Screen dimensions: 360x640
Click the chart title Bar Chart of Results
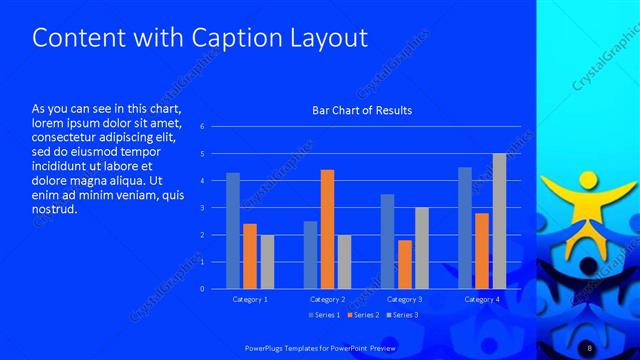click(362, 110)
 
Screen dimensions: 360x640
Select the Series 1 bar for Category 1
click(233, 231)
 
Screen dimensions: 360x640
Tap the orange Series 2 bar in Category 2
click(327, 229)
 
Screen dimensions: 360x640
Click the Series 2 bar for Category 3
click(404, 264)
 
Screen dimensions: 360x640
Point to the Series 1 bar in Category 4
click(465, 228)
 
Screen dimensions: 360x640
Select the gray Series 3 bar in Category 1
click(266, 262)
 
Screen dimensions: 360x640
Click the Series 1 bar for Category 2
click(310, 255)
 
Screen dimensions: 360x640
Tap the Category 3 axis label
click(404, 299)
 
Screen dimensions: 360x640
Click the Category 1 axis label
click(250, 299)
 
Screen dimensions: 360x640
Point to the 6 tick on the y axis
click(202, 127)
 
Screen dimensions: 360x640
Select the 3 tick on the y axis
click(202, 208)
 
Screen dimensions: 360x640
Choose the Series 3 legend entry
click(402, 315)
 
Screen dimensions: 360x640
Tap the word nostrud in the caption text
click(54, 209)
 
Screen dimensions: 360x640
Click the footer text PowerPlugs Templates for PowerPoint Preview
click(319, 345)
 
